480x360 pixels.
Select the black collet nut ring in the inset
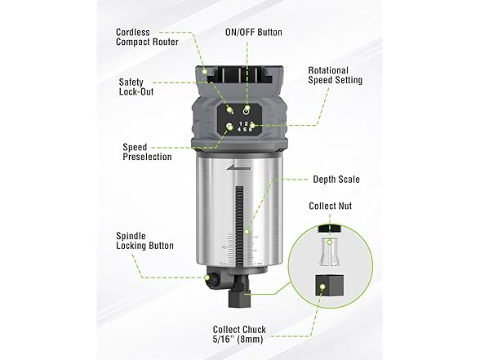click(x=330, y=233)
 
